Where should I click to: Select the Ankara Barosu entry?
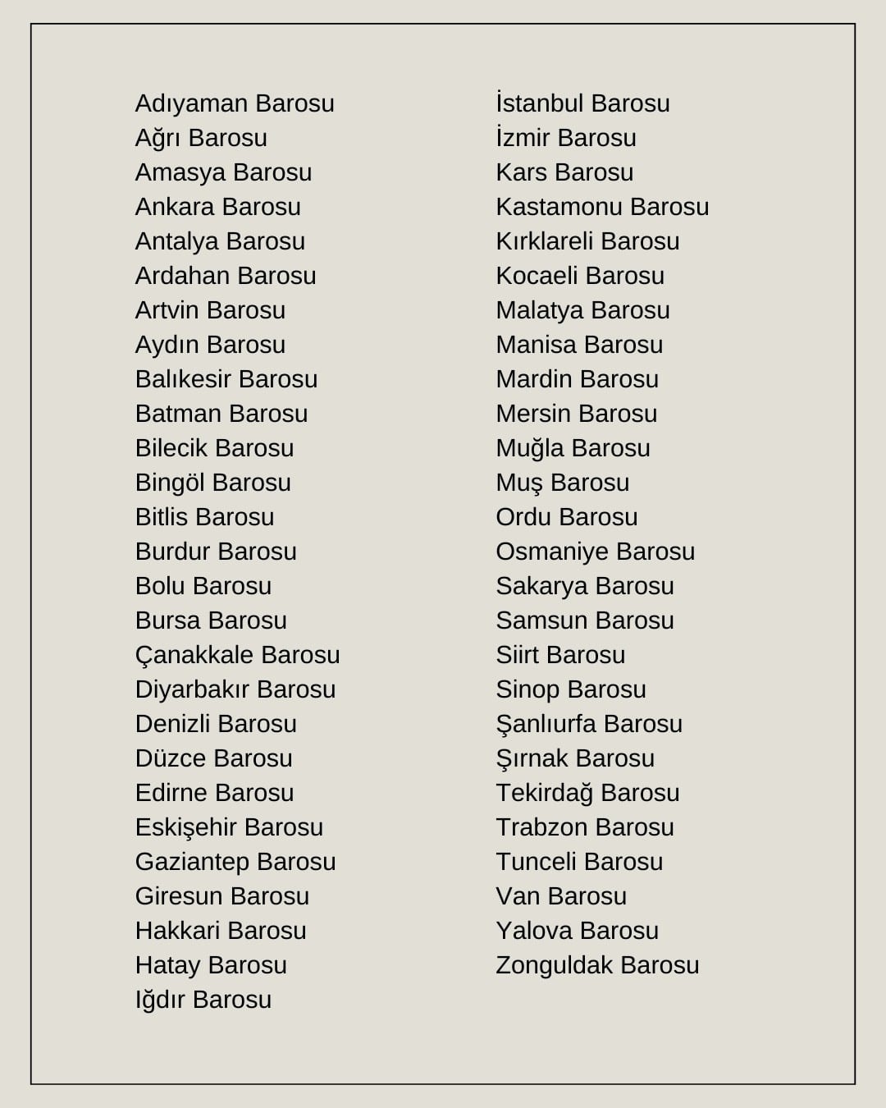tap(217, 207)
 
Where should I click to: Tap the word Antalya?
tap(176, 241)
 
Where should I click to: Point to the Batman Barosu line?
tap(221, 414)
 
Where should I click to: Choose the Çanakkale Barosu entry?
tap(237, 655)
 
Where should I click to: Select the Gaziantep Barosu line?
tap(235, 862)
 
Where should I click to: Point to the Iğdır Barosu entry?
tap(203, 1000)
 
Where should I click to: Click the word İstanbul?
tap(539, 103)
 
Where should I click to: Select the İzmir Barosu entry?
tap(565, 138)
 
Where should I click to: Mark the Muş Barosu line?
tap(562, 483)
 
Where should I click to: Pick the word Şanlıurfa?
tap(546, 724)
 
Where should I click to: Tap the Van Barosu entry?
tap(561, 896)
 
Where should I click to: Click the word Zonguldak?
tap(555, 965)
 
